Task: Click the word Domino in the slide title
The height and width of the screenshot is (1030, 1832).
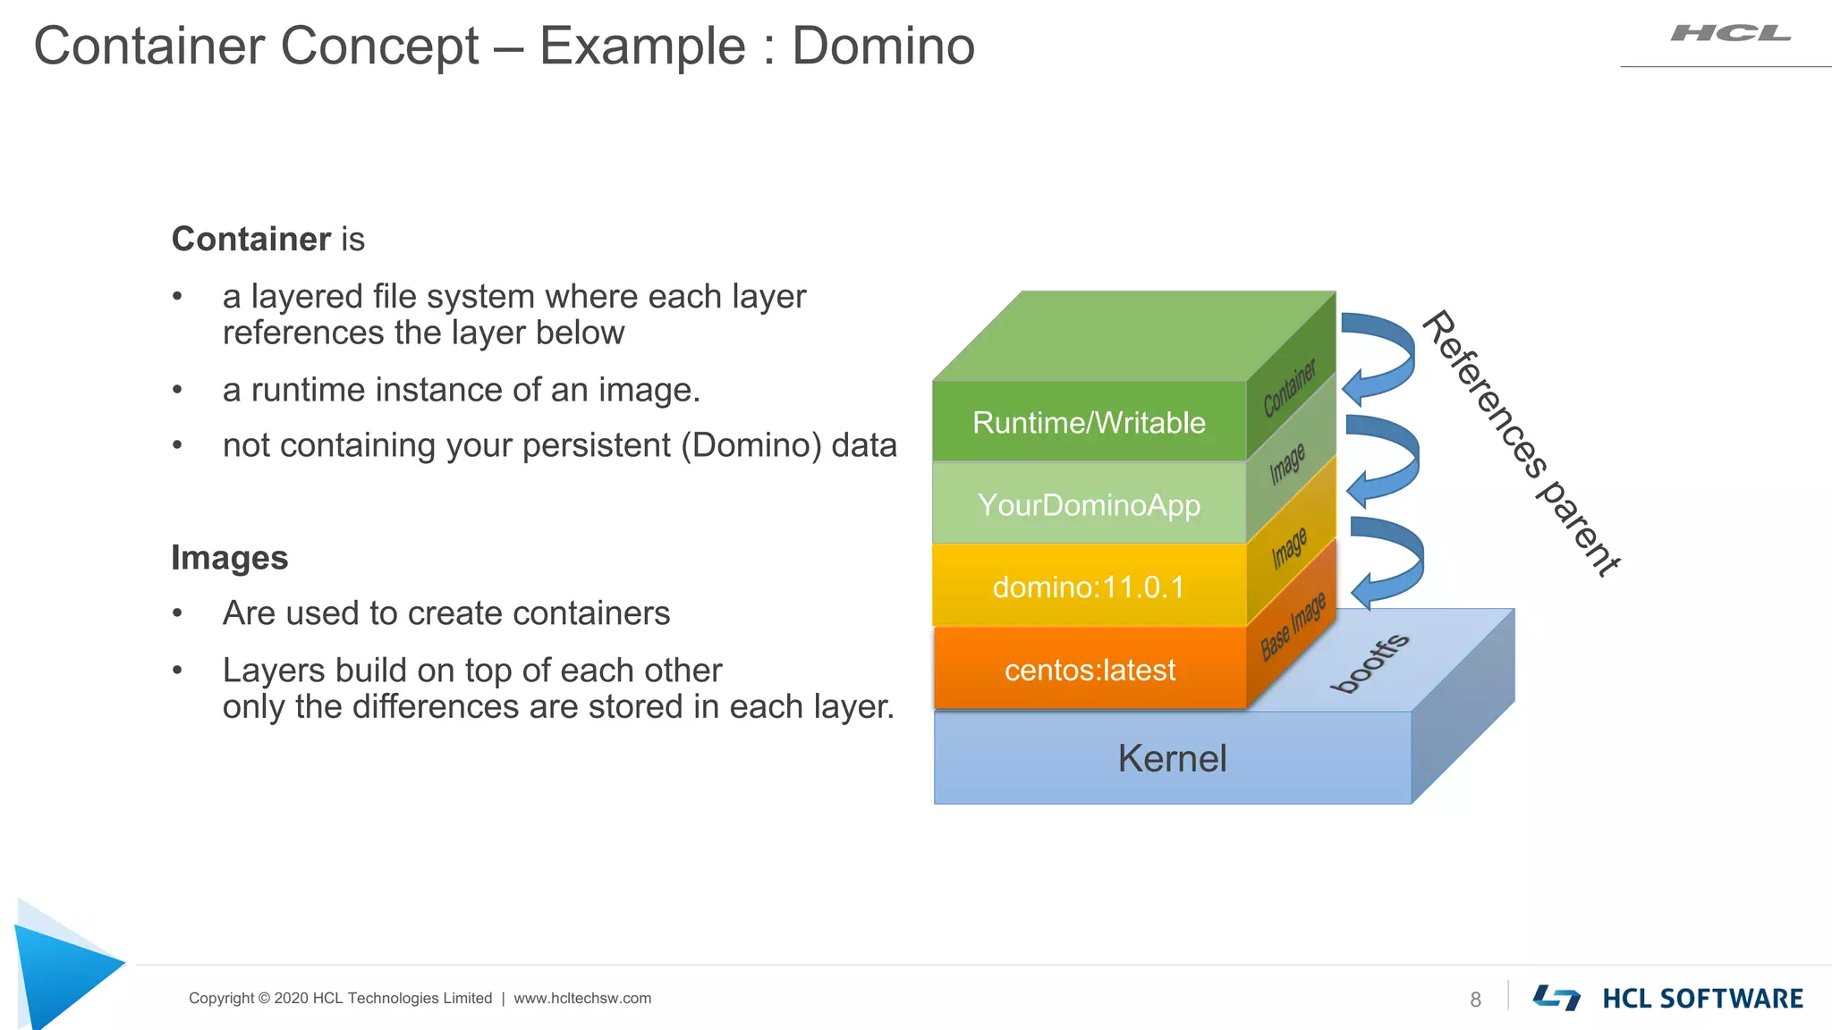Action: tap(883, 46)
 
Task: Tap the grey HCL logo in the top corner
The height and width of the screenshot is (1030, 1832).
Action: tap(1730, 34)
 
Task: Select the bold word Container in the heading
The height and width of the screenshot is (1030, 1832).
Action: tap(251, 240)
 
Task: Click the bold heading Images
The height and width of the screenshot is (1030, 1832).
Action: tap(230, 558)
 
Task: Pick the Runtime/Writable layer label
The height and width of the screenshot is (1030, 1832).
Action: tap(1089, 423)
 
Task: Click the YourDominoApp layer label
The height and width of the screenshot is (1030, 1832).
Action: tap(1089, 505)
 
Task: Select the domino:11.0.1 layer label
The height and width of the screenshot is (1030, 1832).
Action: tap(1089, 587)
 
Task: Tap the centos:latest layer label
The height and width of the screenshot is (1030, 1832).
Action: tap(1090, 670)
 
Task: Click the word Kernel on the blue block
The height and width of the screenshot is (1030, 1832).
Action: tap(1172, 758)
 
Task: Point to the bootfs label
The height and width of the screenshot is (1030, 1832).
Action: tap(1370, 663)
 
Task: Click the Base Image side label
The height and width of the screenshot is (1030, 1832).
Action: tap(1293, 627)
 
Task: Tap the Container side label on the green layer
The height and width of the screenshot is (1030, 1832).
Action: tap(1290, 388)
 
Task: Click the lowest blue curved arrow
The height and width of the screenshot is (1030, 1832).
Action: tap(1387, 561)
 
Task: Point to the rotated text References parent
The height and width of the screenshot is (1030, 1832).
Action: tap(1520, 443)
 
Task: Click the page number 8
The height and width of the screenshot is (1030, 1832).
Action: tap(1475, 1000)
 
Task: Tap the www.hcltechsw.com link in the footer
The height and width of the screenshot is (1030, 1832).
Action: tap(582, 999)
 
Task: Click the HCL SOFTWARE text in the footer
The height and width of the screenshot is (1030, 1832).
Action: tap(1702, 999)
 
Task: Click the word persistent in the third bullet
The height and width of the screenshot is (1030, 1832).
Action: tap(596, 445)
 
